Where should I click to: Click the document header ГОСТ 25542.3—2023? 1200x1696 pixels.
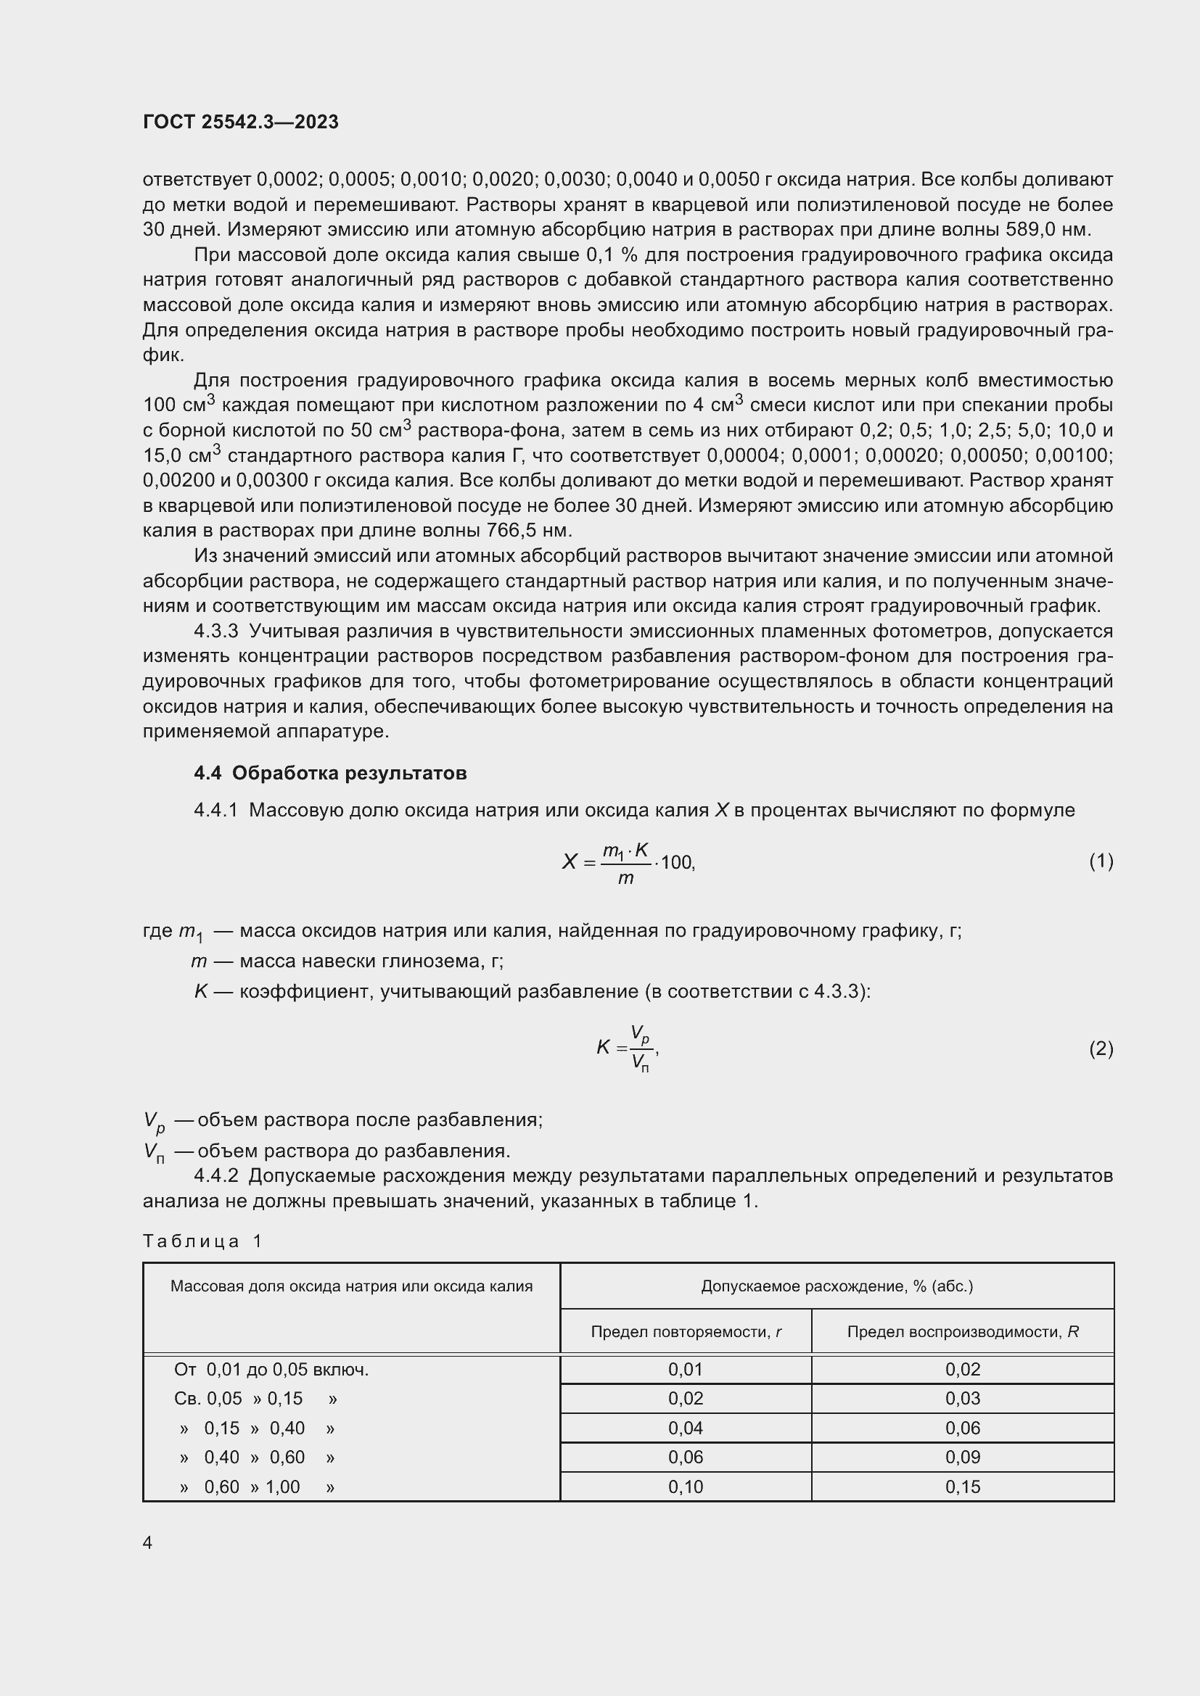240,122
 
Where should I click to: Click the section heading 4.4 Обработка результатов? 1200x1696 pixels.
329,773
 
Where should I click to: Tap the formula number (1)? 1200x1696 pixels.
1101,861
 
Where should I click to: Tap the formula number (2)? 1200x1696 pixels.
1101,1048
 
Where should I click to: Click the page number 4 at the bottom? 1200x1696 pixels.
147,1542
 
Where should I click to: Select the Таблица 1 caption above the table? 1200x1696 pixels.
202,1241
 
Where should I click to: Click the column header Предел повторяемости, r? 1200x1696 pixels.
686,1331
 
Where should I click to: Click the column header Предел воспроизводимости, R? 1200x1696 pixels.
962,1331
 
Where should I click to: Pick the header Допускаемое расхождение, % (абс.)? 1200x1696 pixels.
837,1286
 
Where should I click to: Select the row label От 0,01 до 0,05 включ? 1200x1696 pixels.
271,1370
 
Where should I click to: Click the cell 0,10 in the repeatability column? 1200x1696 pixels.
685,1486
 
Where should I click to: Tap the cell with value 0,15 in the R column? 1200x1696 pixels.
962,1486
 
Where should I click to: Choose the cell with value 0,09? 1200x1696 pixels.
962,1457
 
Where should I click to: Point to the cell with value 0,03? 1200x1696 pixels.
962,1398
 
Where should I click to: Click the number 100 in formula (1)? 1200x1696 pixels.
676,862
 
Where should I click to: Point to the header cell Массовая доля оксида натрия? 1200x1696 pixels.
351,1286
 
